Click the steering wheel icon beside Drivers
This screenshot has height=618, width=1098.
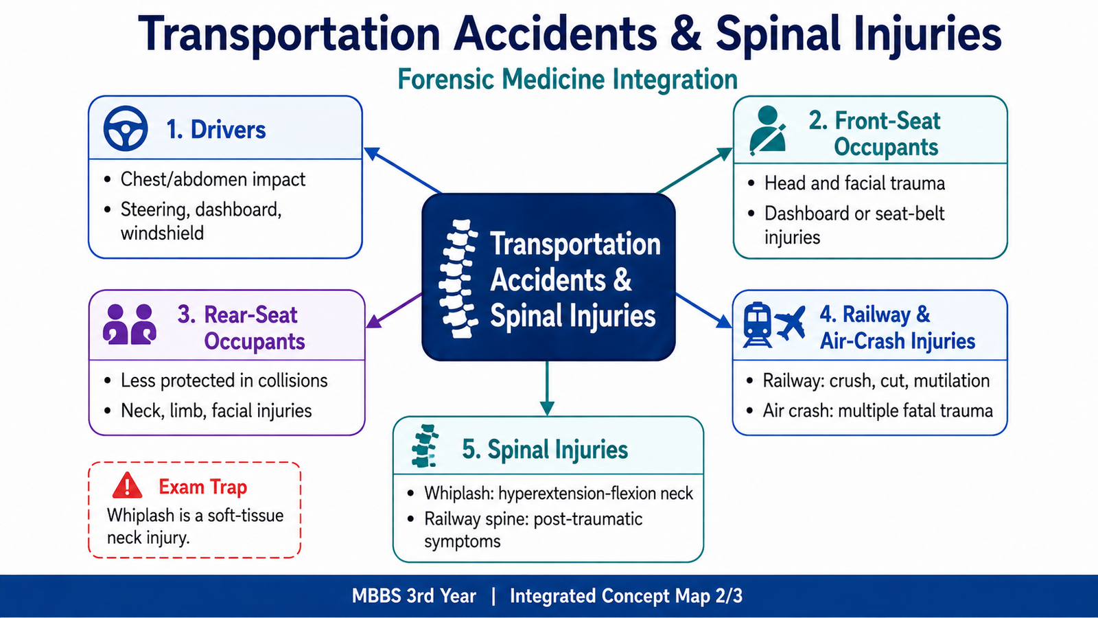click(126, 128)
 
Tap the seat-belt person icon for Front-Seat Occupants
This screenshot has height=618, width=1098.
click(768, 130)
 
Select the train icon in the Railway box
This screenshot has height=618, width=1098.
click(758, 325)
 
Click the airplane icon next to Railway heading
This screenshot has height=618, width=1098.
click(790, 323)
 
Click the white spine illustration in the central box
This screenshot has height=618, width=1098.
click(458, 279)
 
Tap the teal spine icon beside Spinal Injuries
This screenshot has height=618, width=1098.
click(425, 446)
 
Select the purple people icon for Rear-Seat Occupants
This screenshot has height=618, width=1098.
click(130, 324)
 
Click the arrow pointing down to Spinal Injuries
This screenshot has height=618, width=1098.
click(546, 389)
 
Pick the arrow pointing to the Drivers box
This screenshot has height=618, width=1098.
click(402, 170)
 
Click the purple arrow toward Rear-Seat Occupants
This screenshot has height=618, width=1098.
click(394, 310)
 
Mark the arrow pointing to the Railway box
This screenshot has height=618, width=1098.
click(703, 310)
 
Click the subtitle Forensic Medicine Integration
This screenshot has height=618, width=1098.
click(567, 79)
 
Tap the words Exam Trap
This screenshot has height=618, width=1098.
click(203, 487)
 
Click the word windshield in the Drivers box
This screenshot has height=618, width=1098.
click(162, 233)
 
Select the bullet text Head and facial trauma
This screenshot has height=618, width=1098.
click(854, 183)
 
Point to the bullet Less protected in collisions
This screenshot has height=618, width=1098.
click(224, 380)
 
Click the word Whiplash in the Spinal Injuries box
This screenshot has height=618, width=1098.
click(459, 493)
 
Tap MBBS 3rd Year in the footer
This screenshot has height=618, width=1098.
click(414, 596)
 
